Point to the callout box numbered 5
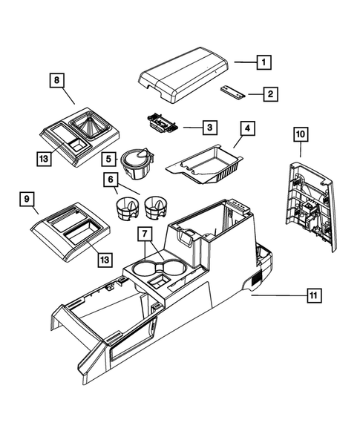coord(108,158)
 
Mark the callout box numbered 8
coord(56,79)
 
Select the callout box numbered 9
coord(26,198)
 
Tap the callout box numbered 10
coord(299,134)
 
